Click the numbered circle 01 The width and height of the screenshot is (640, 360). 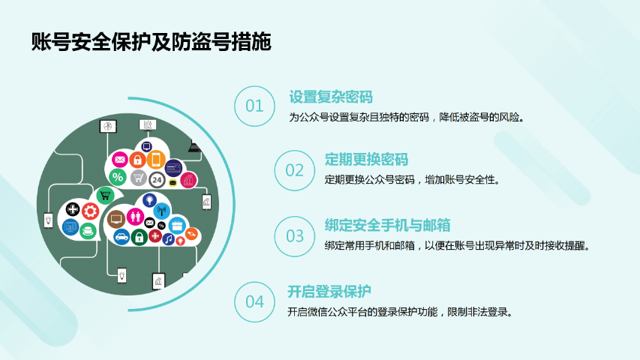pos(254,106)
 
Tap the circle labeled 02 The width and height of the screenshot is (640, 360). pos(295,170)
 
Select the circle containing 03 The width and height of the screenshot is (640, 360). pos(295,236)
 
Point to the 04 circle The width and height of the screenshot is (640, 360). pos(254,302)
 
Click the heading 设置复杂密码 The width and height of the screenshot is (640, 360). pos(331,97)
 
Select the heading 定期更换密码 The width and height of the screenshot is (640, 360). pos(366,160)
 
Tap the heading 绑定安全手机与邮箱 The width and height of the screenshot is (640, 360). pos(387,225)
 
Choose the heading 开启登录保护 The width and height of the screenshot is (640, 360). pos(329,292)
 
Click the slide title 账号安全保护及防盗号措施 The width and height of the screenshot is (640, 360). pos(151,42)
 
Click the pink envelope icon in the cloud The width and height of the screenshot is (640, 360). pos(120,160)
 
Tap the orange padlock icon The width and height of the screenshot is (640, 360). pos(137,160)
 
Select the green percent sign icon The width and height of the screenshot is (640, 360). pos(118,177)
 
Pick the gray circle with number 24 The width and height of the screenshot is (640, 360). pos(157,179)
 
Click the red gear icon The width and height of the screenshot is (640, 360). pos(90,211)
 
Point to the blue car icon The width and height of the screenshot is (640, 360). pos(122,237)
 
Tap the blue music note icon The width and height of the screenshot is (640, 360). pos(168,238)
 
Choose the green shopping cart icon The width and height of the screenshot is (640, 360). pos(105,196)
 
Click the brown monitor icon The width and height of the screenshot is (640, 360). pos(116,220)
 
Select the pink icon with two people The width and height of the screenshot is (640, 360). pos(135,216)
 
